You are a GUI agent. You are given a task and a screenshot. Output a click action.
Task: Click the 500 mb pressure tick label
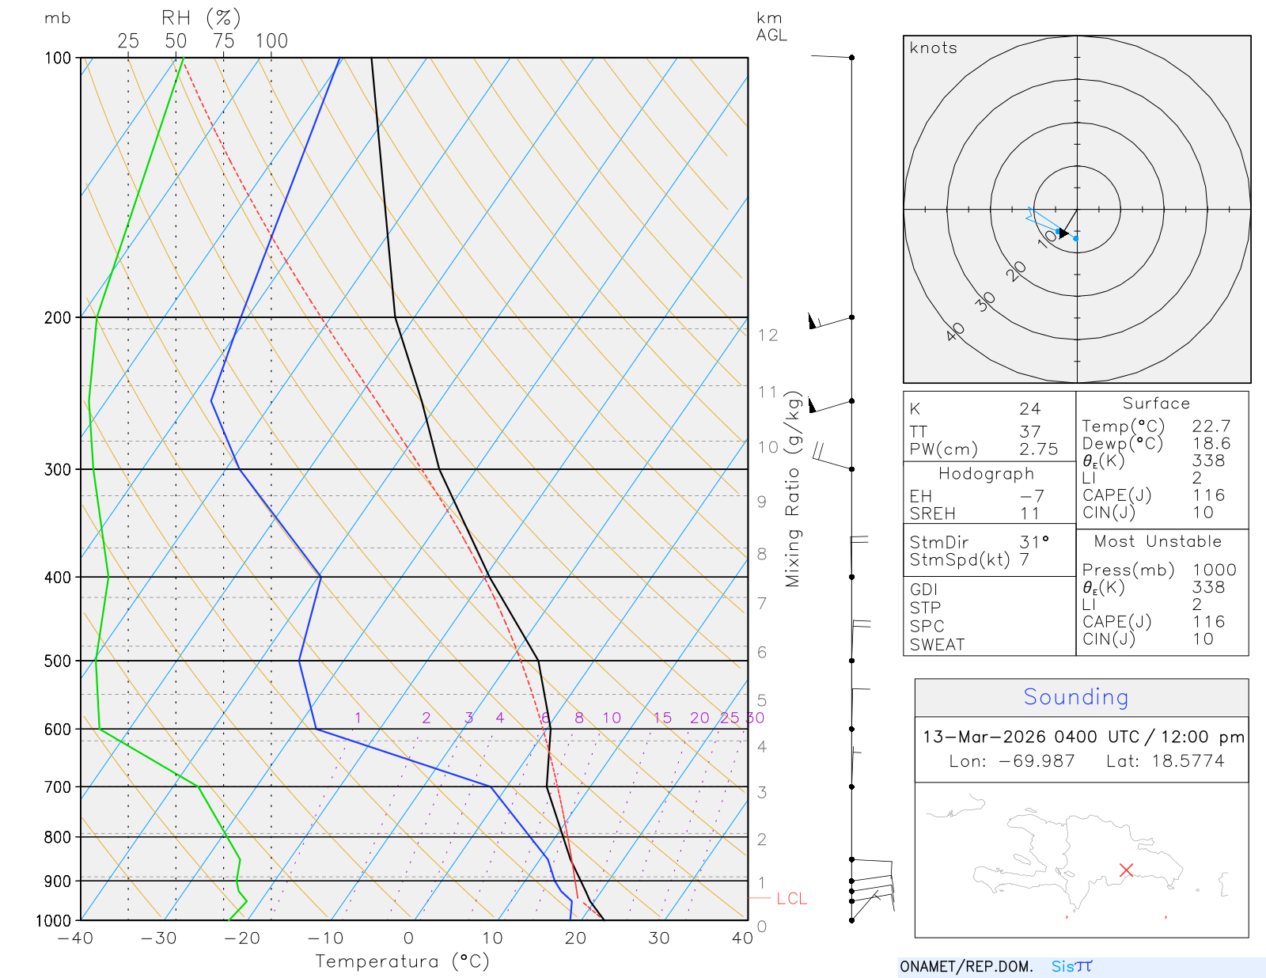(x=58, y=661)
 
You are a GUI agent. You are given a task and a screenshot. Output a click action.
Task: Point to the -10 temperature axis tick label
(x=325, y=938)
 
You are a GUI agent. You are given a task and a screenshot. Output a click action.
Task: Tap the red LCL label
(x=791, y=899)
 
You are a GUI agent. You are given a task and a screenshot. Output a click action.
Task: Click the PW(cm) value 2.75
(x=1038, y=449)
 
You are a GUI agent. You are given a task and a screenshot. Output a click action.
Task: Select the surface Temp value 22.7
(x=1211, y=426)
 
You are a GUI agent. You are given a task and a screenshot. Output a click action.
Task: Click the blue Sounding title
(x=1075, y=697)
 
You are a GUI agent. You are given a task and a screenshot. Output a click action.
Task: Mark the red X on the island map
(x=1127, y=870)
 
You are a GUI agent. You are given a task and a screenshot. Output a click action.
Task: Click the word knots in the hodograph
(x=933, y=48)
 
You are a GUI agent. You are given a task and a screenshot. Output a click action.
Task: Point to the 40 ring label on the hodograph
(x=955, y=332)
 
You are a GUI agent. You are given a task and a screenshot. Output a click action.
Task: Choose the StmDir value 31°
(x=1034, y=542)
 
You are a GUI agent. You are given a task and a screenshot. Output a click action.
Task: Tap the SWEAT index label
(x=937, y=645)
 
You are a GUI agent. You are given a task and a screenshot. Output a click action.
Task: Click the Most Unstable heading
(x=1158, y=542)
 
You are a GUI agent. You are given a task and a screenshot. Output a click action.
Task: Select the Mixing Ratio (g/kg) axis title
(x=794, y=489)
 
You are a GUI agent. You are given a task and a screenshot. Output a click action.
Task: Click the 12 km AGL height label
(x=768, y=335)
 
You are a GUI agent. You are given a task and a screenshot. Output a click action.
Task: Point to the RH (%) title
(x=201, y=18)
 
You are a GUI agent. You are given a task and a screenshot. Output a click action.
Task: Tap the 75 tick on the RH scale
(x=224, y=41)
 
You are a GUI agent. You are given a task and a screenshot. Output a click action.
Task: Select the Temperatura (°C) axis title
(x=402, y=961)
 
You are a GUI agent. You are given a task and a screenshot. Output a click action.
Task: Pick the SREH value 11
(x=1029, y=514)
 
